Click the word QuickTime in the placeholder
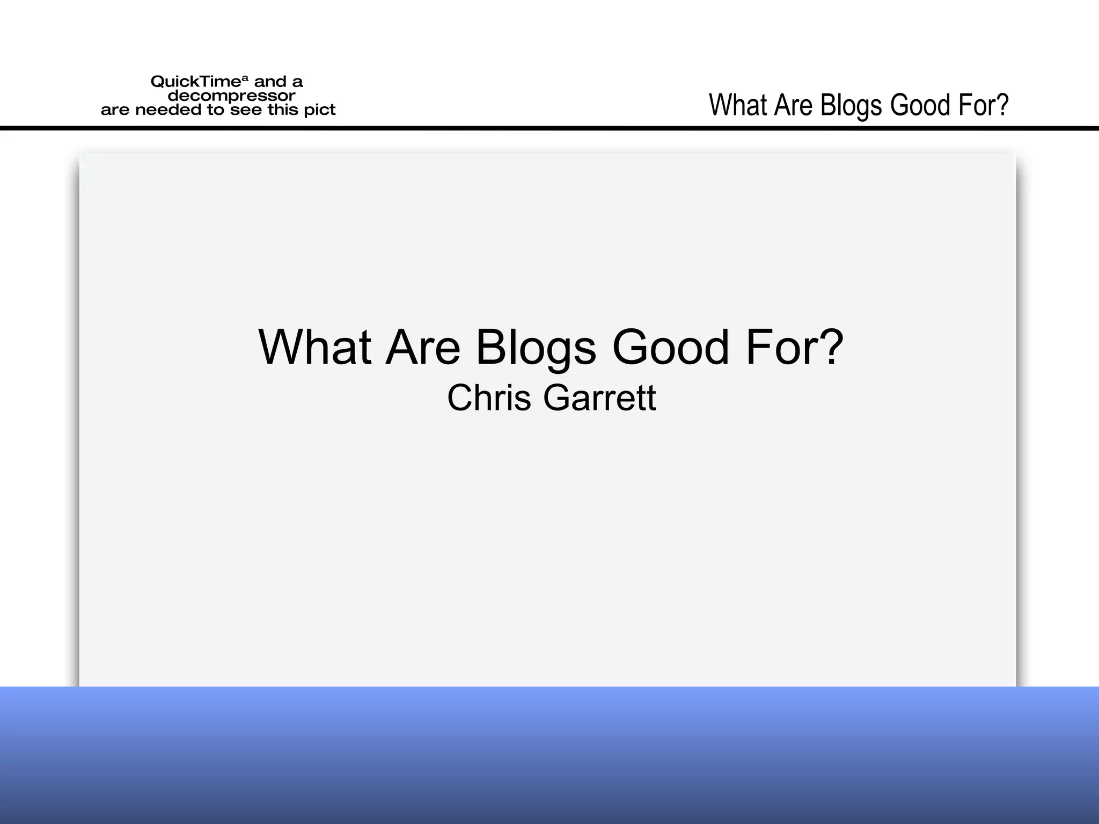pos(195,82)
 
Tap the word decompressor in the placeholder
pos(231,96)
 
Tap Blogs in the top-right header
pos(852,106)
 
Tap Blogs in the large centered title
pos(536,349)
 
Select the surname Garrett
pos(599,398)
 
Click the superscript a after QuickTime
pos(245,79)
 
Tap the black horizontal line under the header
pos(549,128)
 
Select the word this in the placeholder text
pos(283,110)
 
